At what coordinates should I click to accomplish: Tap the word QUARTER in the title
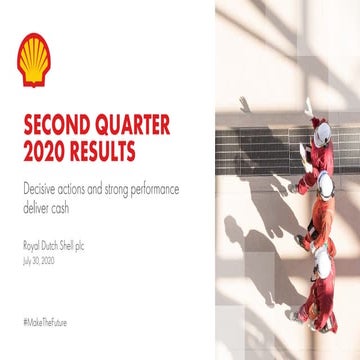132,127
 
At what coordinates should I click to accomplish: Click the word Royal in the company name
31,244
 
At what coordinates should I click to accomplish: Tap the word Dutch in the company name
53,244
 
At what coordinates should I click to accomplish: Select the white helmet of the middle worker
323,183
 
